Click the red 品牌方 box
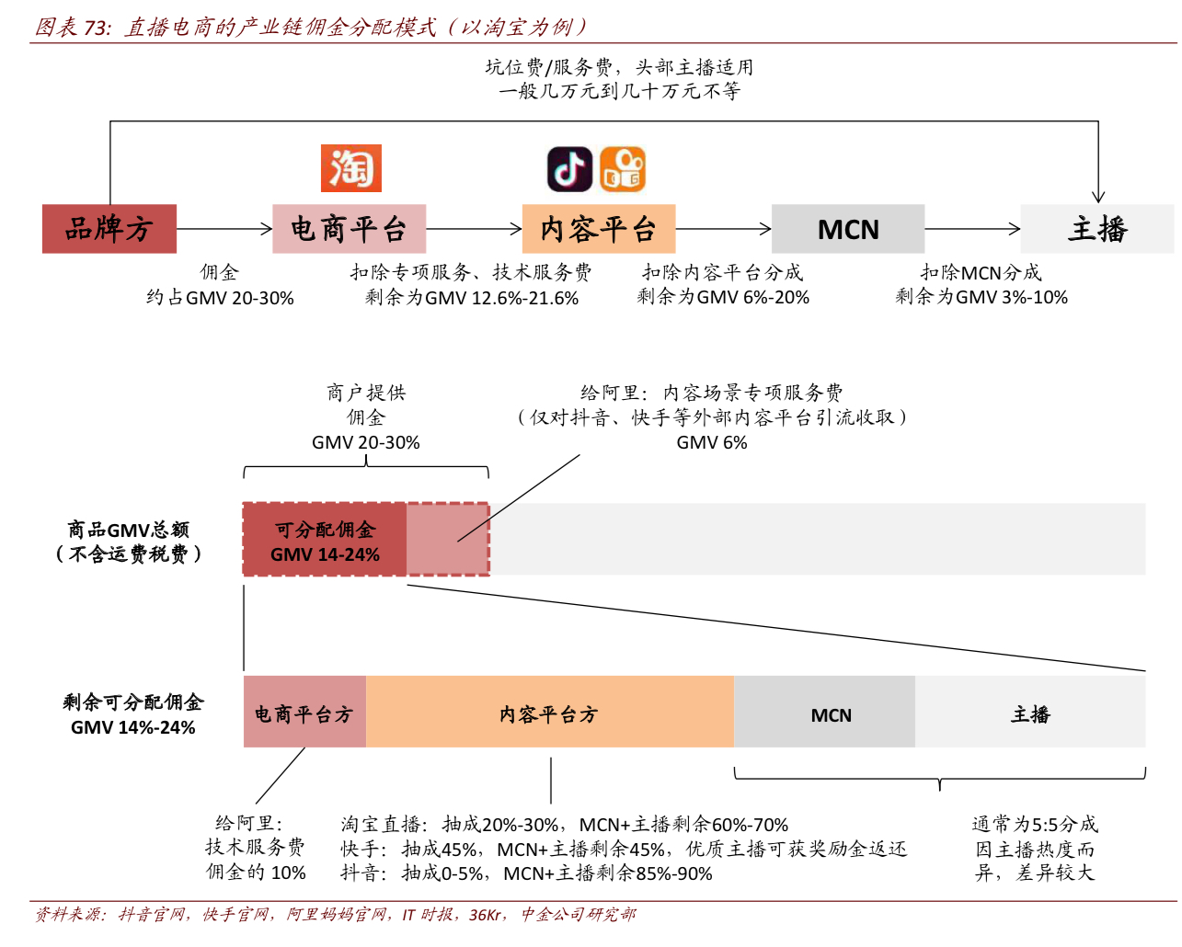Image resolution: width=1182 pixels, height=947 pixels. coord(109,229)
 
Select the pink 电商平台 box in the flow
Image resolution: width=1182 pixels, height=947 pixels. coord(349,229)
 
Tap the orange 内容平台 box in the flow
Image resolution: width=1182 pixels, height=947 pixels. coord(598,229)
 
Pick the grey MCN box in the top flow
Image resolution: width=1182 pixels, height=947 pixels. coord(847,229)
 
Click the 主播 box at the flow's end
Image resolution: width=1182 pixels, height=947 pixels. coord(1096,229)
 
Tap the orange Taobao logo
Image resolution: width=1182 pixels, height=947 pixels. coord(350,168)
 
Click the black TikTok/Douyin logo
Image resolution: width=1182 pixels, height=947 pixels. coord(569,169)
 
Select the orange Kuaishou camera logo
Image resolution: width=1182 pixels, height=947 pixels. coord(623,169)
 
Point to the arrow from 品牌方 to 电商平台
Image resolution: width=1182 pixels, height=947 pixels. coord(224,229)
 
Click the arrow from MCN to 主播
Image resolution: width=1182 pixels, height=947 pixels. coord(972,229)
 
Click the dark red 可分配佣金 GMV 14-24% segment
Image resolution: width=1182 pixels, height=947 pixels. coord(324,541)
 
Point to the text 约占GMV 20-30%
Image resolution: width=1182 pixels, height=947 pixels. coord(220,298)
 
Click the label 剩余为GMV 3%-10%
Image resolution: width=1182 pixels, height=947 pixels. coord(981,297)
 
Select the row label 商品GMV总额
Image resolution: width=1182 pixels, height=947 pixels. coord(128,530)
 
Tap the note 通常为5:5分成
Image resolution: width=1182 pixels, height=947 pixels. coord(1035,824)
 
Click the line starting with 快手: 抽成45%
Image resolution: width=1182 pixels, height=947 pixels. coord(624,849)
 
